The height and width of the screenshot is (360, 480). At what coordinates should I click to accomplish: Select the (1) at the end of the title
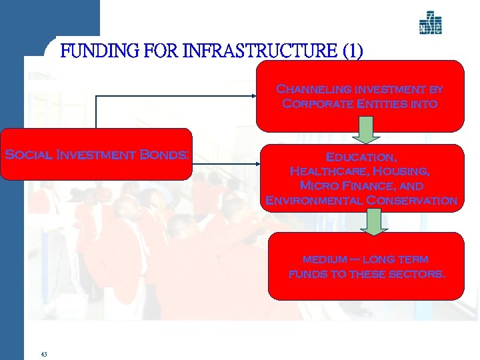[351, 51]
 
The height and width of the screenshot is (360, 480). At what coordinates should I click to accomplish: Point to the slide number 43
[44, 353]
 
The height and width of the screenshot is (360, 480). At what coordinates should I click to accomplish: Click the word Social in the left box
[31, 155]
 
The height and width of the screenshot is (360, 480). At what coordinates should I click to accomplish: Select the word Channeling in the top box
[309, 89]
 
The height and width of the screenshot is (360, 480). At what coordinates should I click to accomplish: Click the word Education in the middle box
[361, 157]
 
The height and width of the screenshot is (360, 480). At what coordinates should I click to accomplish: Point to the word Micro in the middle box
[318, 185]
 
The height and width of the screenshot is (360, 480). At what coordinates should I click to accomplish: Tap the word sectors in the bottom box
[417, 274]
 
